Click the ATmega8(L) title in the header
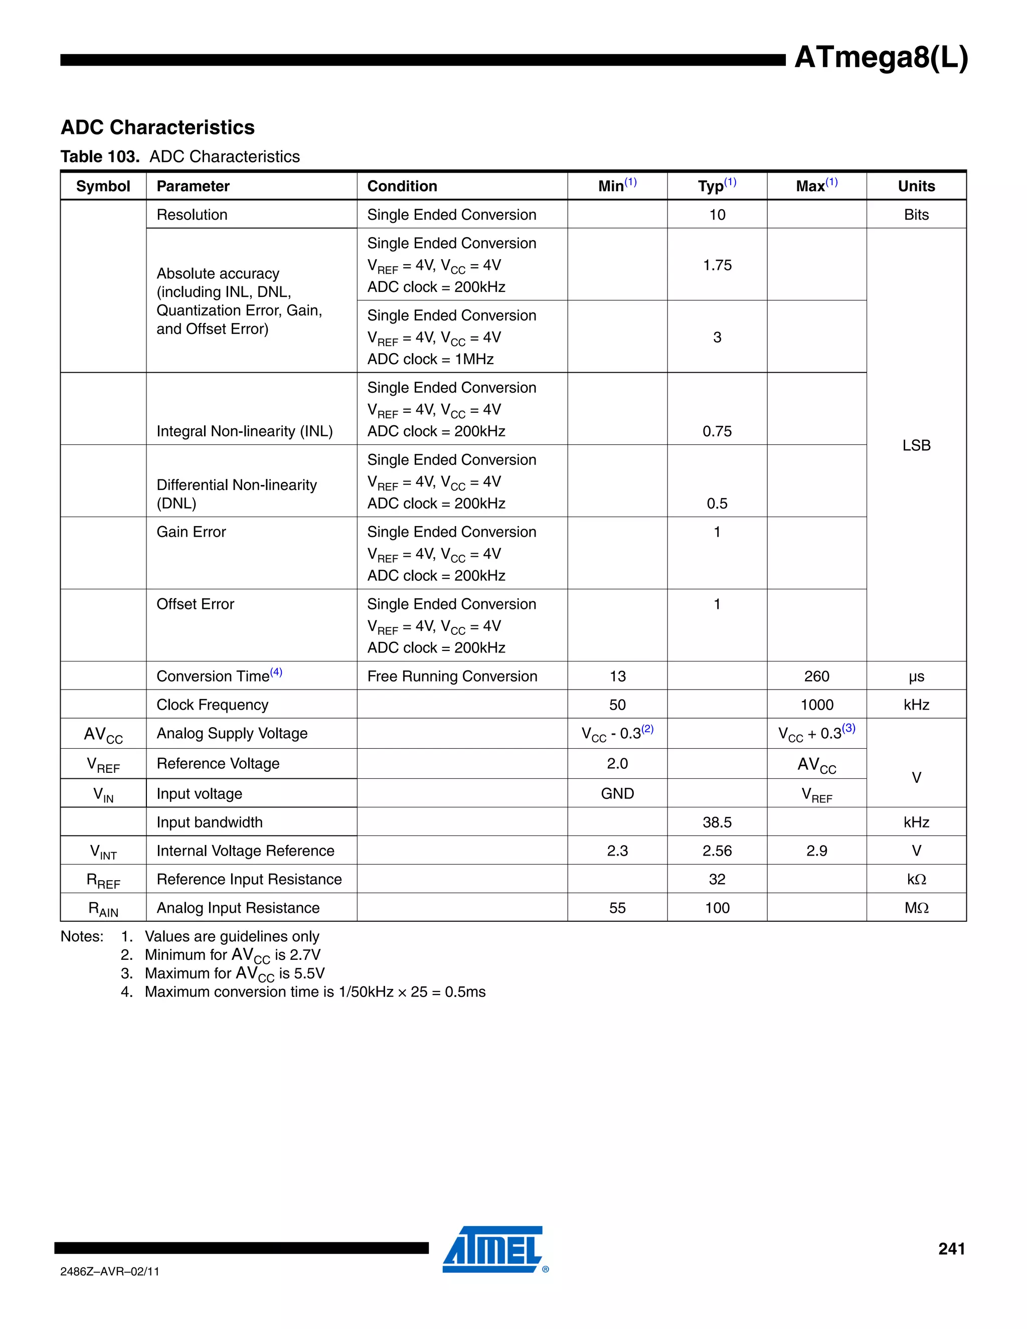881,58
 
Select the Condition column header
402,186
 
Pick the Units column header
916,186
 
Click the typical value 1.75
717,265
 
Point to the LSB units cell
916,445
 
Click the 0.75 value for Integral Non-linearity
717,431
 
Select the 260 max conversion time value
816,677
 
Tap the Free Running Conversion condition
451,677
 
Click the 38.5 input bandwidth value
717,822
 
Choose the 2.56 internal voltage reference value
717,852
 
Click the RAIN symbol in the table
103,909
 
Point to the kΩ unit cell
916,880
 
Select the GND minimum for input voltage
617,794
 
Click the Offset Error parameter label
195,604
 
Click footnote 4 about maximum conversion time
314,992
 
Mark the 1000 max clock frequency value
816,705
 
